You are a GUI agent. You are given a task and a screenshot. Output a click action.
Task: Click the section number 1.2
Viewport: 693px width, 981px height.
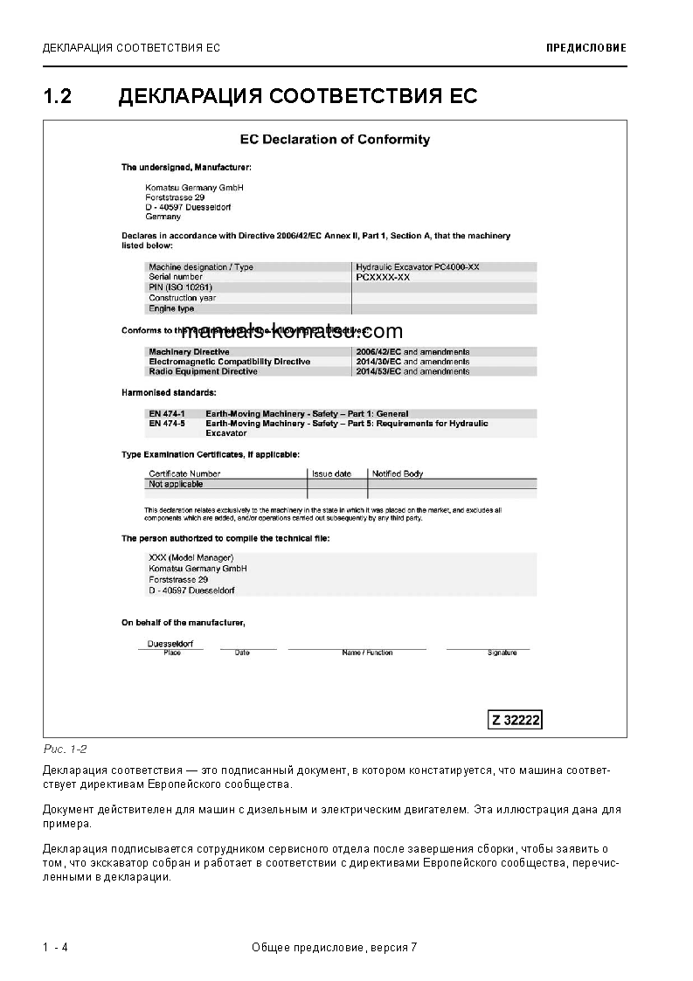[57, 96]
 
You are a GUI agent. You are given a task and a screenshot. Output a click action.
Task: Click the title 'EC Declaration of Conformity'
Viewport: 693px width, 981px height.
[336, 140]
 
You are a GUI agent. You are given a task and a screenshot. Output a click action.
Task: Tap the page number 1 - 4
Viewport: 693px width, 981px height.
[55, 948]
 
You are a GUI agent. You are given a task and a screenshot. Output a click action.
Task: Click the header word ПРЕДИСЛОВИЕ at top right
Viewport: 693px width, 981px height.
[586, 48]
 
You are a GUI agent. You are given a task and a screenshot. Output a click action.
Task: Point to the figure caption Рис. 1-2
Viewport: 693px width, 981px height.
[65, 749]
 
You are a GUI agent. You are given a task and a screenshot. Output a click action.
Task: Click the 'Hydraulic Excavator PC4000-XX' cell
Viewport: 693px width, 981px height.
[418, 266]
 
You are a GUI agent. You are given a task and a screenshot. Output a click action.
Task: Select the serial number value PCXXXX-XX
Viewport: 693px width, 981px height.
[383, 277]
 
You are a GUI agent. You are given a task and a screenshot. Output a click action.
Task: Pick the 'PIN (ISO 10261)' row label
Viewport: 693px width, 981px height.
[181, 287]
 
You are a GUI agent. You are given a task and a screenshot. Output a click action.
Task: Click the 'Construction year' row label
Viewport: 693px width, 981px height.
[182, 298]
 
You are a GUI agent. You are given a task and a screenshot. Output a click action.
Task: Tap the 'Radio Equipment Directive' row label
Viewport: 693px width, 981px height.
[203, 371]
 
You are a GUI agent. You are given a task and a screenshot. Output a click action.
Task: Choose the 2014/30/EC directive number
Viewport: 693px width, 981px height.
[378, 362]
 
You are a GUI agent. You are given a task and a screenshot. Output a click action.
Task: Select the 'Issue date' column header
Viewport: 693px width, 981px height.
[331, 473]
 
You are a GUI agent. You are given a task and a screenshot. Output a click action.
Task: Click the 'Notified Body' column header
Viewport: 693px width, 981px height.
[398, 473]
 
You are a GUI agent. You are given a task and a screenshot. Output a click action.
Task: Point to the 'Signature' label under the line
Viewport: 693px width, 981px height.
[502, 653]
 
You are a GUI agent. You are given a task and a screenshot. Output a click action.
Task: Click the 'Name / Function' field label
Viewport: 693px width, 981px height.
[367, 653]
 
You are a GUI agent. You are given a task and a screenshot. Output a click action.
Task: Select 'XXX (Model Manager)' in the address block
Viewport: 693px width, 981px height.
[191, 557]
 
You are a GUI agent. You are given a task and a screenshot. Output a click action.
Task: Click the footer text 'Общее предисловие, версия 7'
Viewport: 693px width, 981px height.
[334, 948]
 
